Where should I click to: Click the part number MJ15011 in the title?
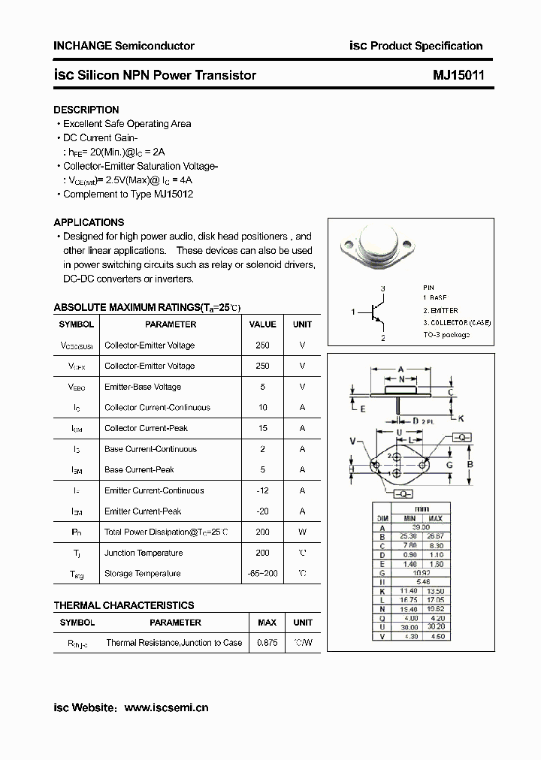coord(458,75)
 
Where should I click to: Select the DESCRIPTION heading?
coord(86,110)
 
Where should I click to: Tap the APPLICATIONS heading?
coord(89,222)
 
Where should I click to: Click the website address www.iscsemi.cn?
coord(166,707)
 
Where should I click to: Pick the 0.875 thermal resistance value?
coord(267,643)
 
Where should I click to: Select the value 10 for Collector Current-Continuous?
coord(262,408)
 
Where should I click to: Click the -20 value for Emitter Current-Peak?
coord(262,511)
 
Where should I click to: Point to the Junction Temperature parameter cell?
coord(144,553)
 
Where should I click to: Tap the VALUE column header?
coord(262,324)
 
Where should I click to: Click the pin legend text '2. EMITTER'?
coord(440,310)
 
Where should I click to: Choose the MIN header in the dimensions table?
coord(409,518)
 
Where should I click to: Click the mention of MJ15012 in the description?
coord(174,194)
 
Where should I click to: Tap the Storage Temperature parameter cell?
coord(144,574)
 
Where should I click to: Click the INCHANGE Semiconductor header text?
coord(124,46)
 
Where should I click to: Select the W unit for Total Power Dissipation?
coord(302,532)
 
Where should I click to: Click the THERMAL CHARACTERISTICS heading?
coord(124,605)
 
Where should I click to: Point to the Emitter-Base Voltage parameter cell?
coord(143,387)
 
